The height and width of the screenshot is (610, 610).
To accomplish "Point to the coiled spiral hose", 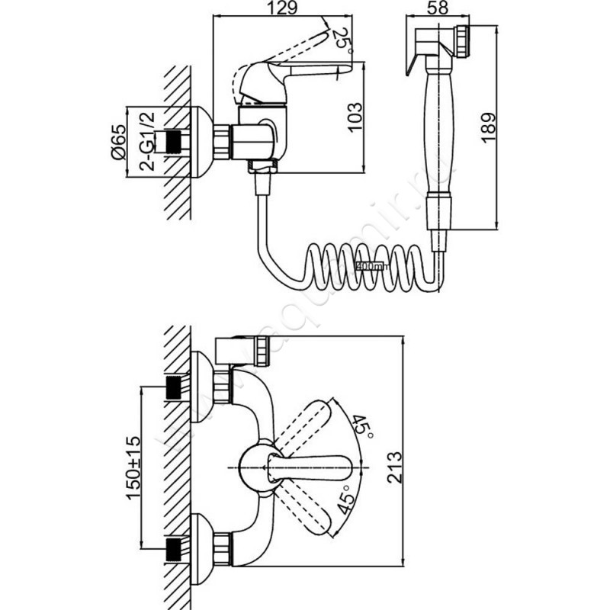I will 366,266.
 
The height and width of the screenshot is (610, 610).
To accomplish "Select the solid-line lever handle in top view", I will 320,466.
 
